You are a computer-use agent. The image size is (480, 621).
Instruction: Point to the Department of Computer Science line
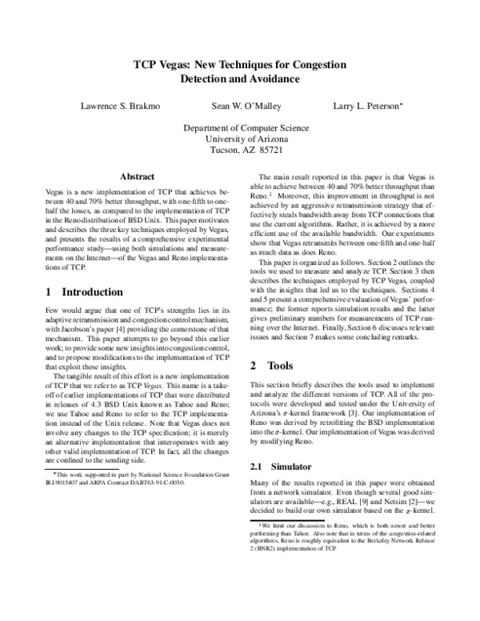point(239,128)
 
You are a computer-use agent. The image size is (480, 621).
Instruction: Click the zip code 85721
point(268,150)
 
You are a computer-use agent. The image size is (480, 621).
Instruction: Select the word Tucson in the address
point(225,150)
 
